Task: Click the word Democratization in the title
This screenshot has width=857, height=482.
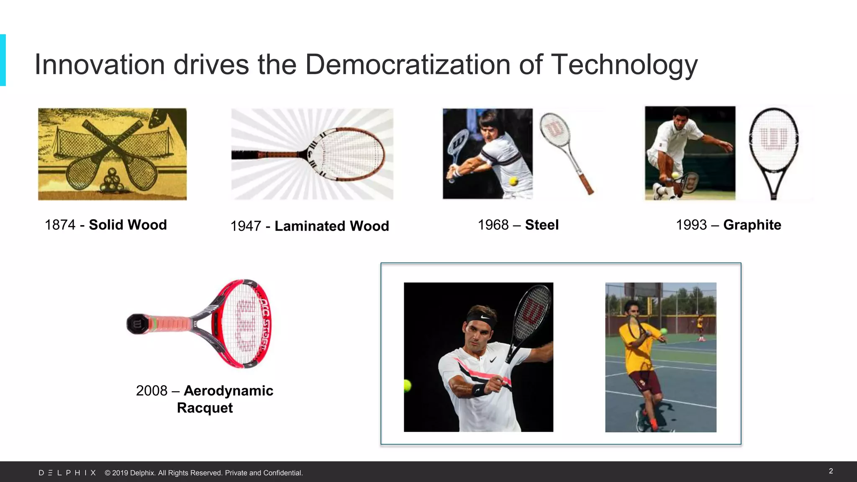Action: point(408,65)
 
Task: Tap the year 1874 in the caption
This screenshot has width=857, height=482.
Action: point(60,225)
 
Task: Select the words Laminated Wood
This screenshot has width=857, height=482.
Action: point(332,226)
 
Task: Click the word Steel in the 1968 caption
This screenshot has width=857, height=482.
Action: point(542,225)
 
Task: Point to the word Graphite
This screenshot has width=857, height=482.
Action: point(752,225)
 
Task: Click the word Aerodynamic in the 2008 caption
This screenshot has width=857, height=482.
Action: point(228,391)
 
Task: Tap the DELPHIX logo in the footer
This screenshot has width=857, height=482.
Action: point(67,473)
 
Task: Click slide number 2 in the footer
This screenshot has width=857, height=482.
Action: point(831,471)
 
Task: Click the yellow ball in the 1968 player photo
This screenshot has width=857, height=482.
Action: point(513,181)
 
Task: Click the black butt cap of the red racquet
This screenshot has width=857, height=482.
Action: point(136,324)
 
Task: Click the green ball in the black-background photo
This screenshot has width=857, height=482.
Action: point(407,385)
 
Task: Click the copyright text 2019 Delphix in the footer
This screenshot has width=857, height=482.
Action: point(203,473)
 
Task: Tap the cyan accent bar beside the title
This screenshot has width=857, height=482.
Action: point(3,60)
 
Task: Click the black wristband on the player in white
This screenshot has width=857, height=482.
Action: point(480,390)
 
